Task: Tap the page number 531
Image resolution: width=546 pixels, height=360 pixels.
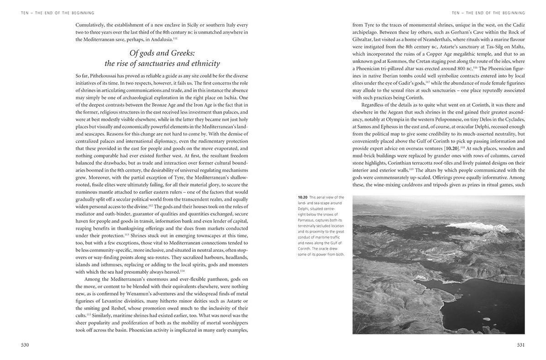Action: (x=520, y=345)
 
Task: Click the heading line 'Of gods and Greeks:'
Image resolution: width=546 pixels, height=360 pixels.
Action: (x=163, y=53)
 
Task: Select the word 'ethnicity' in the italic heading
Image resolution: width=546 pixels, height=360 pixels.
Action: (x=204, y=63)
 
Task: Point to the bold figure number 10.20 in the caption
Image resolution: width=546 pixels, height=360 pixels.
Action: (x=302, y=198)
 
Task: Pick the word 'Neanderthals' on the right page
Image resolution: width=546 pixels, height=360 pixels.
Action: (x=440, y=39)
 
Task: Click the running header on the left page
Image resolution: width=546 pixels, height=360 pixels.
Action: (x=58, y=13)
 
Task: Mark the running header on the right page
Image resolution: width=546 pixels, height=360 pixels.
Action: (x=488, y=13)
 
